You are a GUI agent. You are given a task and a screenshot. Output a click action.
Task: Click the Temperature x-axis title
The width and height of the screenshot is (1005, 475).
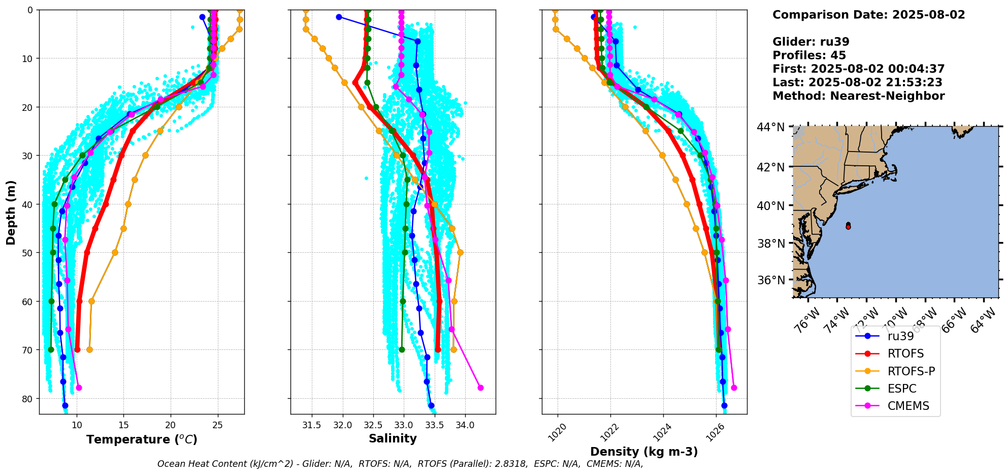(142, 439)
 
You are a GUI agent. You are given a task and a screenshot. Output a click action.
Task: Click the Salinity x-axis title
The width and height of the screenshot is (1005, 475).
(393, 438)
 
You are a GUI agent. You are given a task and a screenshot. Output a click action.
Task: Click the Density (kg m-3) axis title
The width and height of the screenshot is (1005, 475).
(644, 452)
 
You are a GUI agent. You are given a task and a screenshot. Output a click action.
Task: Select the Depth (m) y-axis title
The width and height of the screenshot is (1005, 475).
(11, 212)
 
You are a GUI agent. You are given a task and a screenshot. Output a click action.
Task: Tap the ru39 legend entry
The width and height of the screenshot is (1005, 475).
(900, 336)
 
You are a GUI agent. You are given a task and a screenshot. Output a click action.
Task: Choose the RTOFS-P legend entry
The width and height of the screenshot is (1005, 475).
(911, 371)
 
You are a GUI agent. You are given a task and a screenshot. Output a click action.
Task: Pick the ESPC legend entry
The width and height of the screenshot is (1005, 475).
(902, 389)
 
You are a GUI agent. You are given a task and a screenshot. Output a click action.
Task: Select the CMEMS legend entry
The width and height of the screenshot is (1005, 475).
(908, 406)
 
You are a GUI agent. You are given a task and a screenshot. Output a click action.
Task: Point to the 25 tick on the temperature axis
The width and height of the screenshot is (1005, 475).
(218, 425)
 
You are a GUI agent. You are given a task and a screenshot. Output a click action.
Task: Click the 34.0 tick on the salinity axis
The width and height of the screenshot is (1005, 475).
(465, 425)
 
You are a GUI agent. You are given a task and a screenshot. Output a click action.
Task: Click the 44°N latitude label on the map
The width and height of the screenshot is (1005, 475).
(771, 127)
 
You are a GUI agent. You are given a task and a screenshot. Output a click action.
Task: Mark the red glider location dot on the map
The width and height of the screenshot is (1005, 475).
(848, 227)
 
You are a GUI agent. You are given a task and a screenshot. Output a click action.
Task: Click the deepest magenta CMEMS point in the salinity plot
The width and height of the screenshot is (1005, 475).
(480, 388)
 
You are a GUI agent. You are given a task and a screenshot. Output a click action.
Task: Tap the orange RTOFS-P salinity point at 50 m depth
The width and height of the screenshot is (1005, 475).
(460, 252)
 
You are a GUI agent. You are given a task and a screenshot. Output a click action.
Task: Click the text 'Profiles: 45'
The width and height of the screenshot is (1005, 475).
(809, 55)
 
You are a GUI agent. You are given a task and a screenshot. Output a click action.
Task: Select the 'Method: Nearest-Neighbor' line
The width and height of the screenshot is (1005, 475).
(858, 96)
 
